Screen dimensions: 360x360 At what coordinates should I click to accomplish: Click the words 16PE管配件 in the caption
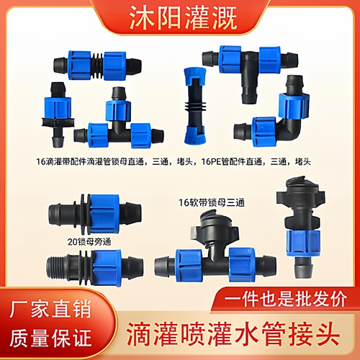(x=228, y=163)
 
